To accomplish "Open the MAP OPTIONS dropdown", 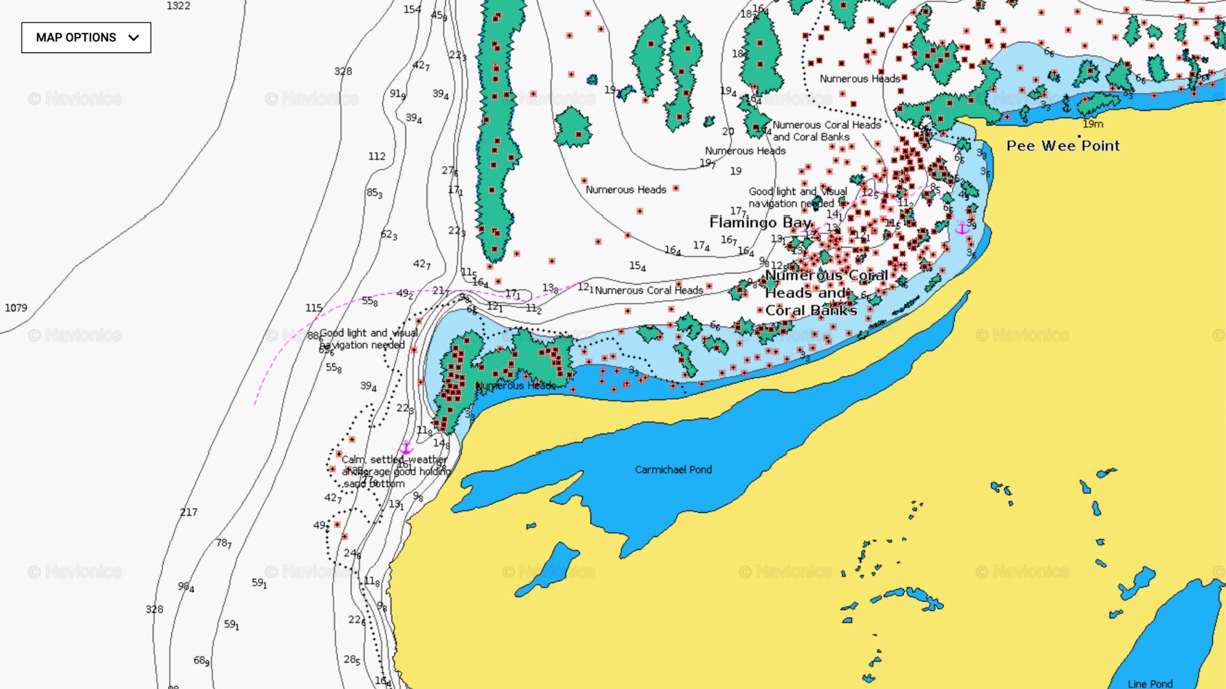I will click(x=86, y=38).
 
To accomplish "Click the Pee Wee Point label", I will click(x=1063, y=146).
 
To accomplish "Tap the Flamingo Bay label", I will click(x=760, y=223).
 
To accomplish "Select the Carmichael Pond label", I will click(x=673, y=470).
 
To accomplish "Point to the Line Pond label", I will click(x=1150, y=683).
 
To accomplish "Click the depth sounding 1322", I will click(x=178, y=6).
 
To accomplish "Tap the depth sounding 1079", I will click(x=16, y=307).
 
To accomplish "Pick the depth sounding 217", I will click(x=188, y=512).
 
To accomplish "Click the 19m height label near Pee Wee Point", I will click(x=1093, y=124).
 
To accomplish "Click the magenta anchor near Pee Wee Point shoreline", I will click(x=962, y=228).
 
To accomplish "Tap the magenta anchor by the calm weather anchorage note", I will click(x=406, y=448).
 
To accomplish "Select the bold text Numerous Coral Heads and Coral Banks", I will click(x=826, y=293).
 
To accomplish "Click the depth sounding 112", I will click(x=377, y=156).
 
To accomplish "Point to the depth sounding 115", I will click(x=314, y=307).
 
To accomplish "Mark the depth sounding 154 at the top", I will click(x=412, y=10).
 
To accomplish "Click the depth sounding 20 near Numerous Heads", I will click(x=728, y=131).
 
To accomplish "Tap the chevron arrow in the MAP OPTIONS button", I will click(x=133, y=38).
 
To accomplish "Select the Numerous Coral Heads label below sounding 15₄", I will click(x=649, y=290).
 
